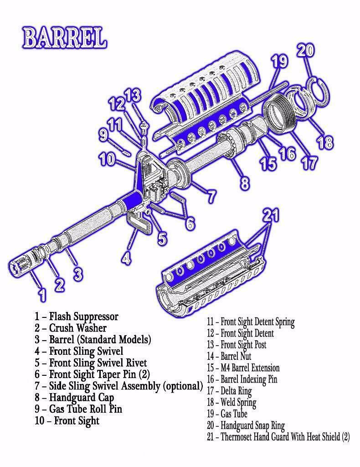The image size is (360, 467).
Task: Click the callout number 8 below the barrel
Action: pyautogui.click(x=245, y=183)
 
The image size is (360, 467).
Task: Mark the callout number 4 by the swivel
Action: pyautogui.click(x=126, y=258)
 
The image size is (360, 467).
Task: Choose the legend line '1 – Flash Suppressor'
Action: pyautogui.click(x=76, y=316)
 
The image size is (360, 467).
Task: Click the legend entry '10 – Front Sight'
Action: pyautogui.click(x=67, y=420)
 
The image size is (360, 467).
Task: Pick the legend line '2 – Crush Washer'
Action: pyautogui.click(x=70, y=327)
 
